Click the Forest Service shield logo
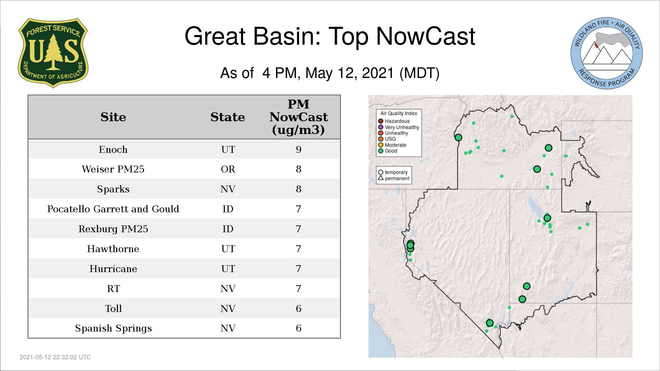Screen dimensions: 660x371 click(53, 53)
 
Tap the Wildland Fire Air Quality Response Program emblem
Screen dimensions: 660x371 click(607, 53)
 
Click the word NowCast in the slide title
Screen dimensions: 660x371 click(426, 36)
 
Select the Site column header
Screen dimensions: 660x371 click(113, 117)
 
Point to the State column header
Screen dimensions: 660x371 click(228, 117)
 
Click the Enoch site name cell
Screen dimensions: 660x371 click(113, 149)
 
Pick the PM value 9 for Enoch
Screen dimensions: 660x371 click(298, 149)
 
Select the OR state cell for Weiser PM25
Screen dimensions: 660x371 click(228, 169)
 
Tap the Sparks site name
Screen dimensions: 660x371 click(113, 189)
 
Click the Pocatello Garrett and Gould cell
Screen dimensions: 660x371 click(113, 209)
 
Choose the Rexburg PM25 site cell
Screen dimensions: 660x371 click(113, 229)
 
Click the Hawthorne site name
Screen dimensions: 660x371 click(113, 249)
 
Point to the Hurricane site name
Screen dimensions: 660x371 click(113, 269)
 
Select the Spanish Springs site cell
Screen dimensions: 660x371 click(113, 328)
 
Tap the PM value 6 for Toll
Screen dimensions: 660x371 click(298, 308)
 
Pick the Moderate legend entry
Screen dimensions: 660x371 click(392, 145)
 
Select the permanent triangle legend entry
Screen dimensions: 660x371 click(394, 178)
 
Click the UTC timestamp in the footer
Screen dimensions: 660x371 click(55, 357)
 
